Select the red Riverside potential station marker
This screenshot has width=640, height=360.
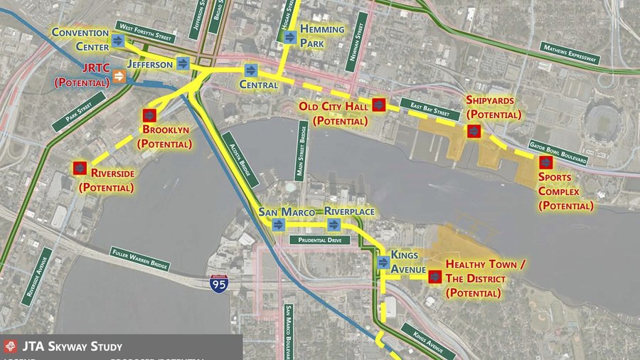pyautogui.click(x=80, y=168)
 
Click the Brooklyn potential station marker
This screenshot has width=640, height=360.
pyautogui.click(x=149, y=115)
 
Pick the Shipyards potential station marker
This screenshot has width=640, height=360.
pyautogui.click(x=473, y=131)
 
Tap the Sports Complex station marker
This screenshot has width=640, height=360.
pyautogui.click(x=546, y=162)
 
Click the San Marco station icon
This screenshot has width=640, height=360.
pyautogui.click(x=278, y=224)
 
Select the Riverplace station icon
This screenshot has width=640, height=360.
pyautogui.click(x=334, y=225)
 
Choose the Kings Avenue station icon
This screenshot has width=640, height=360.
pyautogui.click(x=384, y=262)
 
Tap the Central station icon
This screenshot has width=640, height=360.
pyautogui.click(x=250, y=70)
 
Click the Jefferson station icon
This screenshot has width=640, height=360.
pyautogui.click(x=183, y=63)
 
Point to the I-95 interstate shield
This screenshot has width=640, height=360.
pyautogui.click(x=219, y=283)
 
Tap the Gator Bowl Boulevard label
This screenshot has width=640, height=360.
pyautogui.click(x=558, y=150)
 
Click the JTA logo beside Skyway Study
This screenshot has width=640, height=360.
pyautogui.click(x=10, y=347)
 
